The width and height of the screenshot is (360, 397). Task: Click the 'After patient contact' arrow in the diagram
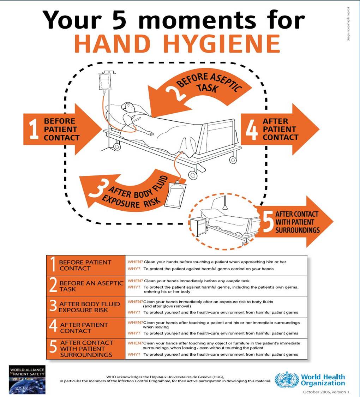(279, 129)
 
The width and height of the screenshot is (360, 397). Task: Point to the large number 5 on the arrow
(268, 222)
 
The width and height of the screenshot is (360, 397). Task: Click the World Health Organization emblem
(286, 380)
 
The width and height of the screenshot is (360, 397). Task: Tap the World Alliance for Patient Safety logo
(27, 380)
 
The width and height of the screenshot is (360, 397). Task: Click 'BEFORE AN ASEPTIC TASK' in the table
(91, 286)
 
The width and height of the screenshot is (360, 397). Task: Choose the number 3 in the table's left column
(53, 306)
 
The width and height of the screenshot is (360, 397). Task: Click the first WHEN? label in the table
(135, 262)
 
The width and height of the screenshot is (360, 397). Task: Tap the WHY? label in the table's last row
(134, 354)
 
